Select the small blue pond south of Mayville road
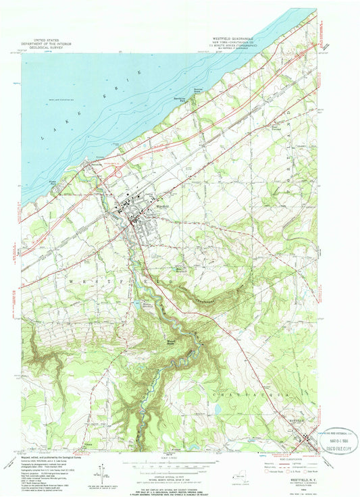(x=217, y=409)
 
